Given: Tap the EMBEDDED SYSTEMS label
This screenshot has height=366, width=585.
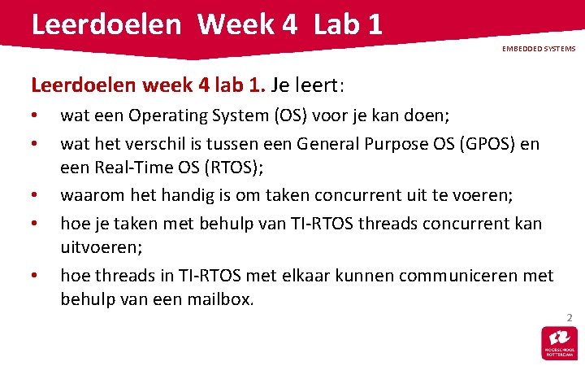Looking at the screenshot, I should tap(538, 49).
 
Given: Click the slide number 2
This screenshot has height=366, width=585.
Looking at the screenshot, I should tap(570, 316).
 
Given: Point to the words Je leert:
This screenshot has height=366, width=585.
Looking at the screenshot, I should tap(308, 85).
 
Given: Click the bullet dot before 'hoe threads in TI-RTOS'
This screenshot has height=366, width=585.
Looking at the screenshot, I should tap(34, 277).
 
